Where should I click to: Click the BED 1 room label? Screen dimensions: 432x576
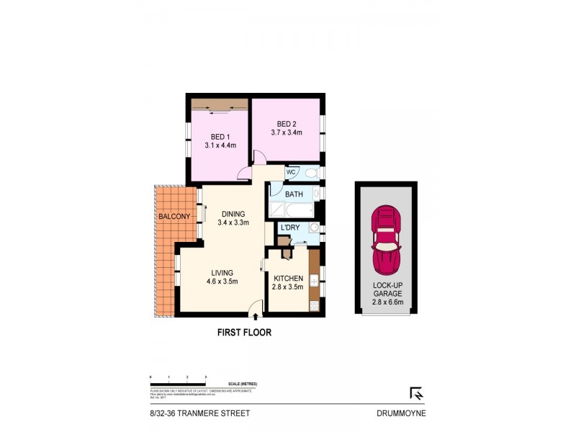[x=220, y=137]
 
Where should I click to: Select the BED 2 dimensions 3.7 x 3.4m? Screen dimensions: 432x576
[x=286, y=132]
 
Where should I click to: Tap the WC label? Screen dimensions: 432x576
[x=292, y=173]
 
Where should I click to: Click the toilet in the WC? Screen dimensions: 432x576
[x=311, y=173]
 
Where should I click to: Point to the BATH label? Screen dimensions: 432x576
[x=294, y=194]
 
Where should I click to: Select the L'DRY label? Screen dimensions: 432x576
[x=290, y=228]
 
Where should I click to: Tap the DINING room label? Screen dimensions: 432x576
[x=233, y=214]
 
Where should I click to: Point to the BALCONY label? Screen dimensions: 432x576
[x=174, y=217]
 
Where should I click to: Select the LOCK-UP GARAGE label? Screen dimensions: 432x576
[x=387, y=289]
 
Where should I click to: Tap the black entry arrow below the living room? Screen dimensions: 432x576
[x=256, y=315]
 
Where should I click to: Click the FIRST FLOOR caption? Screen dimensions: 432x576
[x=244, y=333]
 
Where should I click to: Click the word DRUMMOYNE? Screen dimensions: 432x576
[x=401, y=413]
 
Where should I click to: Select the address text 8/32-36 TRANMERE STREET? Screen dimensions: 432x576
[x=196, y=413]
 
